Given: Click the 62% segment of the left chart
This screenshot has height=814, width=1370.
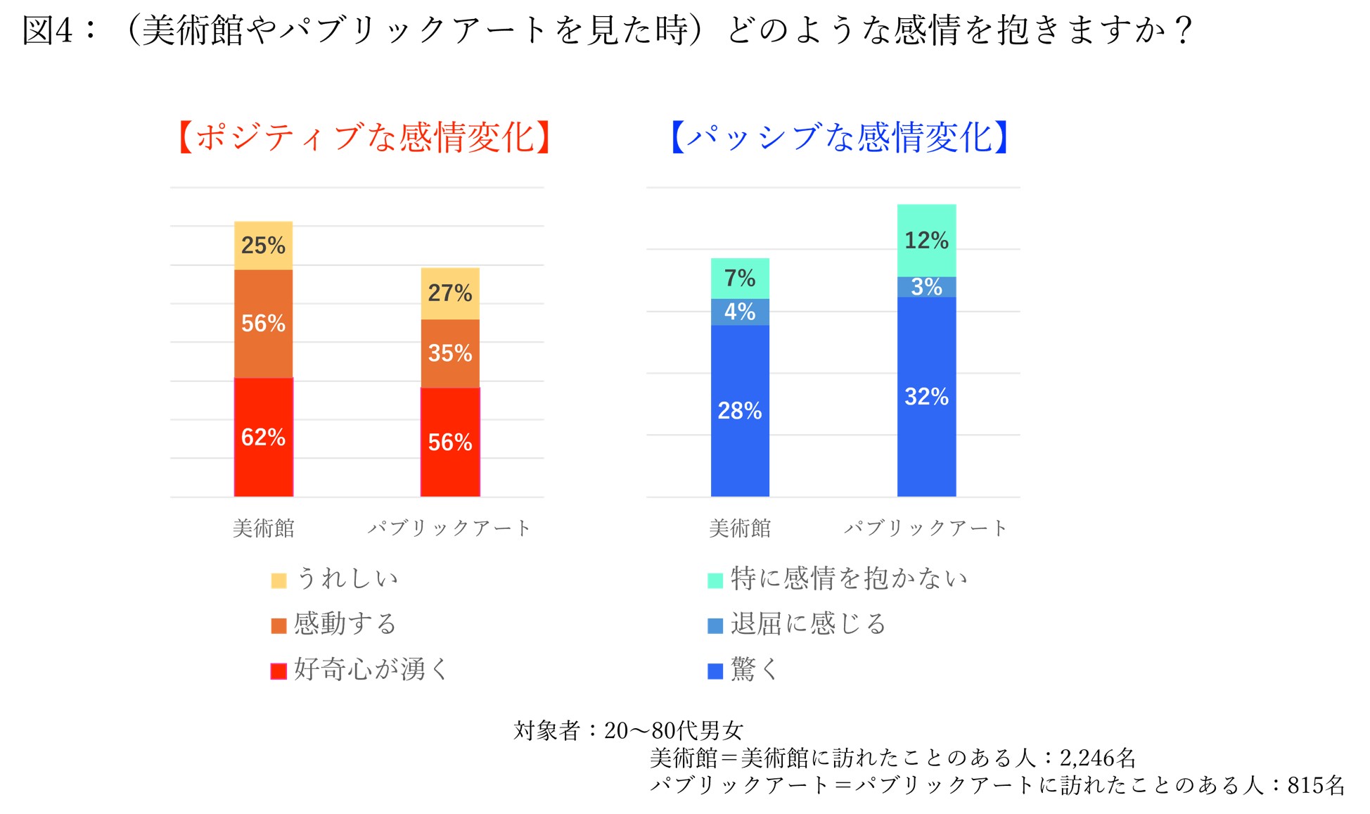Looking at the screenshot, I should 263,437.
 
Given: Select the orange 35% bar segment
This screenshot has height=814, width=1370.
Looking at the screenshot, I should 450,353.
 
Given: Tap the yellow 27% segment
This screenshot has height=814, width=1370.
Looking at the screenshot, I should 450,293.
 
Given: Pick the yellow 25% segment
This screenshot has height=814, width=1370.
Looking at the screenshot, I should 263,246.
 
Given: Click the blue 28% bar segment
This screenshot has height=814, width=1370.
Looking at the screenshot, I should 740,411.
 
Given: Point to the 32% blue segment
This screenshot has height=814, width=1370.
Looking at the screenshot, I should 926,397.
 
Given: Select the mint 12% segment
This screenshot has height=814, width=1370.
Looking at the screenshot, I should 926,241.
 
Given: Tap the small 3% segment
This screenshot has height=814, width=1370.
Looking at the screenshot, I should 926,287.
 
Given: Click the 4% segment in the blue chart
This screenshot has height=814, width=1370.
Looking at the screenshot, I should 740,312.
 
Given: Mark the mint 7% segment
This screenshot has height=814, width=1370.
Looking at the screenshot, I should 740,279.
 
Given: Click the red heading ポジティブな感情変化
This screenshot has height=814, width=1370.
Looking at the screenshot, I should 364,137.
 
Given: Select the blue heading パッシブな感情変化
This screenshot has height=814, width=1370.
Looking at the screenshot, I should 840,137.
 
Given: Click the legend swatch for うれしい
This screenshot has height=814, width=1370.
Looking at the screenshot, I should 279,580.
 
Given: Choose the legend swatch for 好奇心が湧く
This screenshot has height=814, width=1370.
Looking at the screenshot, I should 279,671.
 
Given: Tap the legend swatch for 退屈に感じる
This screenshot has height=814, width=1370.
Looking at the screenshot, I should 715,625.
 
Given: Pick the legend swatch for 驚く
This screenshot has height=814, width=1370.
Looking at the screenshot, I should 715,671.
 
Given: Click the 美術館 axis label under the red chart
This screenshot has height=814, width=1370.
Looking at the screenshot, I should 263,528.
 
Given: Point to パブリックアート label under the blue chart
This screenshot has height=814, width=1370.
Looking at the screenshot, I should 926,528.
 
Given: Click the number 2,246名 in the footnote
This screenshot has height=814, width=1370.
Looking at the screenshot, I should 1097,758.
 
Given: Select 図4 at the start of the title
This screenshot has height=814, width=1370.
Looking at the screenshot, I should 48,31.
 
